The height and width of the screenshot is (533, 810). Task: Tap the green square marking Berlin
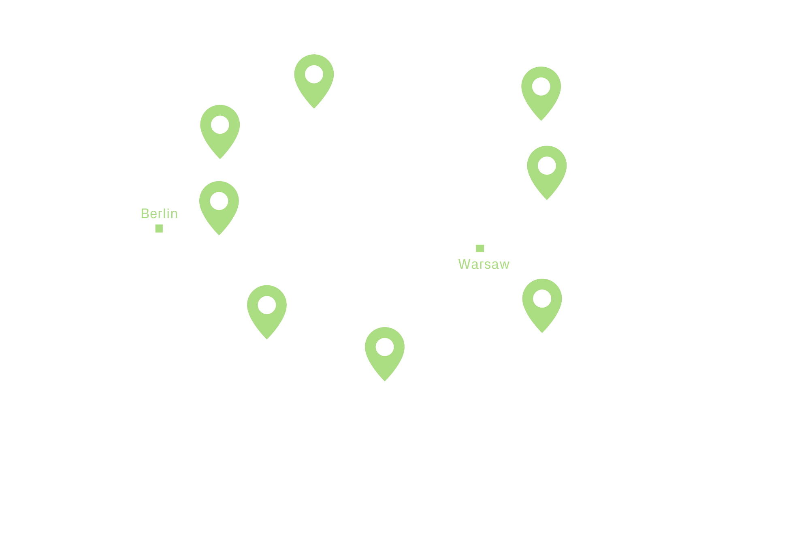(159, 229)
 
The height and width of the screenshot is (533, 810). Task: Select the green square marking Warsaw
(480, 248)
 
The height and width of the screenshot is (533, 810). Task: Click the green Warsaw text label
(484, 264)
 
